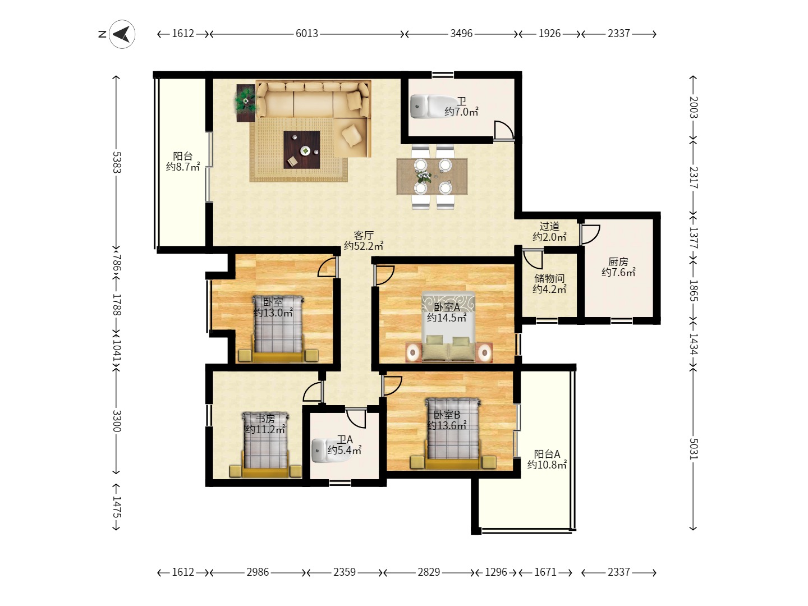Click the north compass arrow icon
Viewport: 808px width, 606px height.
[122, 34]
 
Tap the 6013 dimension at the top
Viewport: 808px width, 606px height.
[307, 34]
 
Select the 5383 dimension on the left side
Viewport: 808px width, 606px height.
[116, 162]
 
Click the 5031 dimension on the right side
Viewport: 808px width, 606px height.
[694, 449]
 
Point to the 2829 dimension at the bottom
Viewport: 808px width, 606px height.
[429, 572]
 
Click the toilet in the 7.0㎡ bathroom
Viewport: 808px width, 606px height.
[426, 106]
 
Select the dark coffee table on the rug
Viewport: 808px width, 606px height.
[301, 150]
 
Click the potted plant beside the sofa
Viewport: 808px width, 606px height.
[245, 103]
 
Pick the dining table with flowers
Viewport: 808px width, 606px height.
[432, 177]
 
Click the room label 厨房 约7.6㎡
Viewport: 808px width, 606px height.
[618, 267]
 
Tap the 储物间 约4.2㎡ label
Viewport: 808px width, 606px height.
[549, 283]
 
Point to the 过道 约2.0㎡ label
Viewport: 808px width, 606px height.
[549, 231]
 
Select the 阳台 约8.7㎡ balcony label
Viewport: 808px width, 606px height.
[183, 162]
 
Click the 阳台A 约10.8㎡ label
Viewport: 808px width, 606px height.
[547, 459]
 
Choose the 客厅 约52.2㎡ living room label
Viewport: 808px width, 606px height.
[364, 241]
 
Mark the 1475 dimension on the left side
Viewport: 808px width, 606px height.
[116, 507]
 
